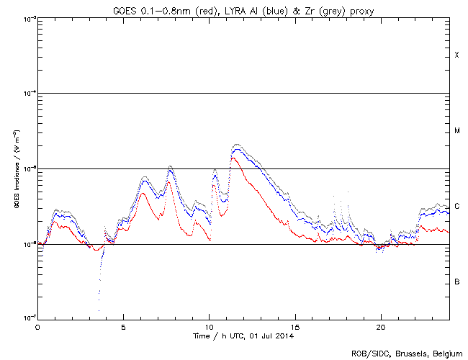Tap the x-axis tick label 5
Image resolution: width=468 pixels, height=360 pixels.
(123, 326)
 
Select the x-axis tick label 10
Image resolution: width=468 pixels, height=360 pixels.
(209, 326)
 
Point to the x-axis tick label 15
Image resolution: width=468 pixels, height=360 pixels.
(294, 326)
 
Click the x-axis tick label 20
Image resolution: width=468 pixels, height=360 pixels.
(380, 326)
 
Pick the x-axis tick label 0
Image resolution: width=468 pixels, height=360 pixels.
(37, 326)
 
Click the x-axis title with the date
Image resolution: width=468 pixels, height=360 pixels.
(243, 336)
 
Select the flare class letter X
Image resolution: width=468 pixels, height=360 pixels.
(456, 55)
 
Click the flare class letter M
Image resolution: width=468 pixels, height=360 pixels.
(456, 131)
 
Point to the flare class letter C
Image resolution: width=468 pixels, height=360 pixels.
(456, 207)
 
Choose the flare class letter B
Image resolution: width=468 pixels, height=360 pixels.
(456, 282)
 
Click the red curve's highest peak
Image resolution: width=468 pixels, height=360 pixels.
(233, 158)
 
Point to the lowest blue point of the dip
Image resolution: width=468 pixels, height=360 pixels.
(99, 311)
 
